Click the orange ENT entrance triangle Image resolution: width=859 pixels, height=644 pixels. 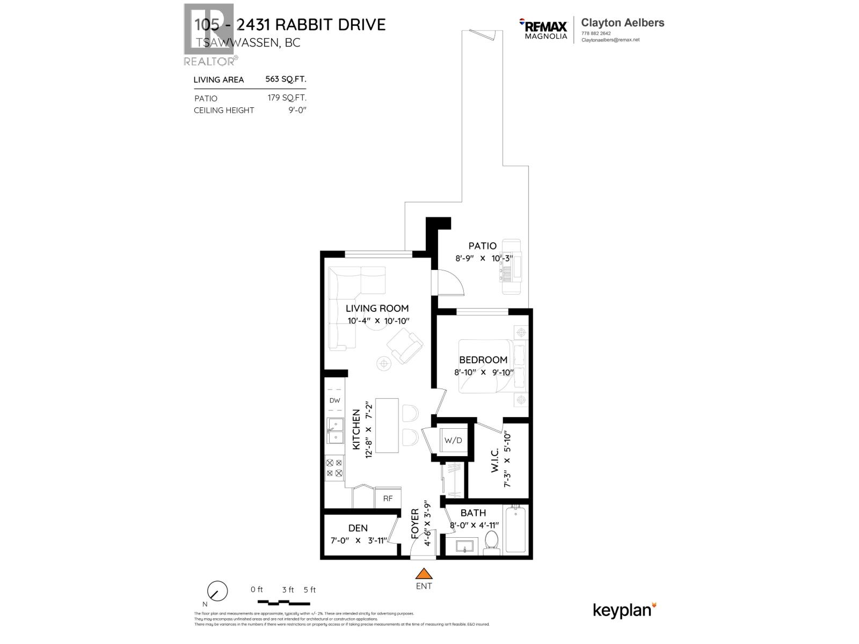(424, 573)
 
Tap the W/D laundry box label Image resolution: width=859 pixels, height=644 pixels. (453, 441)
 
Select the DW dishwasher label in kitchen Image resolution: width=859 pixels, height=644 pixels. (334, 400)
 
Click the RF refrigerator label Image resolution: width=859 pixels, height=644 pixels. (388, 499)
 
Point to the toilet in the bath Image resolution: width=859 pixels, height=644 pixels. (491, 541)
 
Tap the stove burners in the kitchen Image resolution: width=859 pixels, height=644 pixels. (334, 467)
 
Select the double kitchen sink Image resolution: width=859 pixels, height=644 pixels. (335, 431)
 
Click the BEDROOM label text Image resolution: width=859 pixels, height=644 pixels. (483, 360)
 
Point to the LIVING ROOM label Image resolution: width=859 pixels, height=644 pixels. (377, 308)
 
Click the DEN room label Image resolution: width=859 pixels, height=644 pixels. (358, 528)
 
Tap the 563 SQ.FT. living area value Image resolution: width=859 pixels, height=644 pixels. (286, 79)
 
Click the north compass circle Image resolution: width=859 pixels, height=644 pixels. (217, 591)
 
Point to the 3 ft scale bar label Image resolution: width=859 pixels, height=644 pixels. (288, 589)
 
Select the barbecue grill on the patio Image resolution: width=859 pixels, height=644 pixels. (512, 267)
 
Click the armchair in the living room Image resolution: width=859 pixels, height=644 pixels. (405, 346)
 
